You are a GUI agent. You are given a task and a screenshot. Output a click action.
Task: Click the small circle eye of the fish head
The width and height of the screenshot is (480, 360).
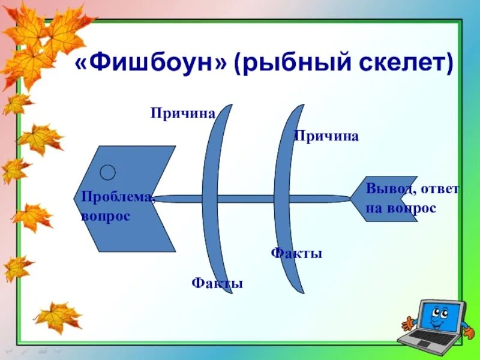pyautogui.click(x=107, y=173)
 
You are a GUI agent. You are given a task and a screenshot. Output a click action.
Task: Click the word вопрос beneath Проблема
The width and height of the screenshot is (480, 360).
pyautogui.click(x=106, y=215)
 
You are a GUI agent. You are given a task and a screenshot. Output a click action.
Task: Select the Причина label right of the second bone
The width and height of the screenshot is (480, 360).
pyautogui.click(x=326, y=136)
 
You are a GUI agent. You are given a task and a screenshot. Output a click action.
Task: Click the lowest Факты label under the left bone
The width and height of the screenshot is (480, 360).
pyautogui.click(x=217, y=283)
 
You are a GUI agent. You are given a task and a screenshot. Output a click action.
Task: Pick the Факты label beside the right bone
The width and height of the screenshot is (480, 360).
pyautogui.click(x=296, y=253)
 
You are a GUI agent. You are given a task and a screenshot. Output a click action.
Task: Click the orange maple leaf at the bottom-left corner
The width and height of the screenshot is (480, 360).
pyautogui.click(x=58, y=316)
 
